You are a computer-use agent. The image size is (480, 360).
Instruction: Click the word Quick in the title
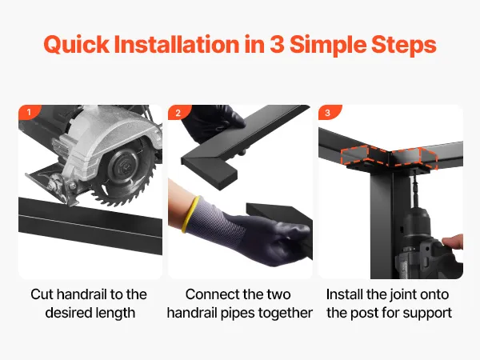pyautogui.click(x=76, y=45)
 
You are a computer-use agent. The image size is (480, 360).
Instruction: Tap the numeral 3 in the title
pyautogui.click(x=277, y=45)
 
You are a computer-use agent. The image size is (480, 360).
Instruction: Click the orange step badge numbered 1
pyautogui.click(x=29, y=112)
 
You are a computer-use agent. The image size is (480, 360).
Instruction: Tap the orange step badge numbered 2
pyautogui.click(x=178, y=112)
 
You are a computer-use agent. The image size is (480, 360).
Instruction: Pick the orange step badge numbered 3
pyautogui.click(x=329, y=112)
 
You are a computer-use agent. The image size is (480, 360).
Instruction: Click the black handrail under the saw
pyautogui.click(x=90, y=226)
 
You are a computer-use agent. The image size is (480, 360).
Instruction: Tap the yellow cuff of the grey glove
pyautogui.click(x=190, y=214)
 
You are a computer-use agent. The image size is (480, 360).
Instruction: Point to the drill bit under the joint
pyautogui.click(x=414, y=186)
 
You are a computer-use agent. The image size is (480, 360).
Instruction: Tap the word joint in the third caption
pyautogui.click(x=401, y=295)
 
